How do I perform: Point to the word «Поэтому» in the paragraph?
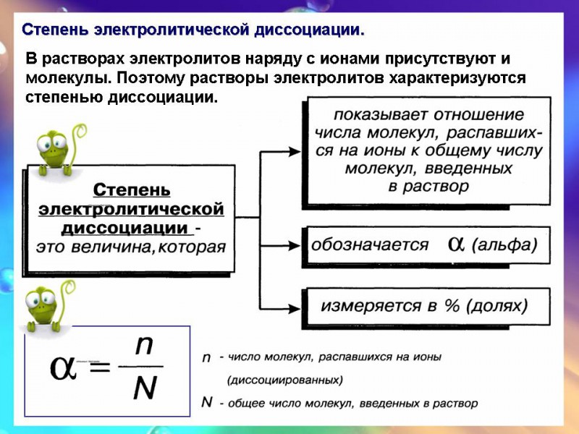point(153,78)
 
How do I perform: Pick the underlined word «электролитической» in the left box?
point(132,209)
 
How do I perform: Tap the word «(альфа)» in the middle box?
point(504,244)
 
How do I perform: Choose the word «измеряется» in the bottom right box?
point(371,306)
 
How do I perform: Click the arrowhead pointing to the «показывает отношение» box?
point(295,151)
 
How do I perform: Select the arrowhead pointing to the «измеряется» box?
point(295,308)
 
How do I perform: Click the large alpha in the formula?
point(63,367)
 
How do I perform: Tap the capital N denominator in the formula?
point(145,388)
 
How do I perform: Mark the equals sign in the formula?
point(100,367)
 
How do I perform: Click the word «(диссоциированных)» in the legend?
point(284,380)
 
